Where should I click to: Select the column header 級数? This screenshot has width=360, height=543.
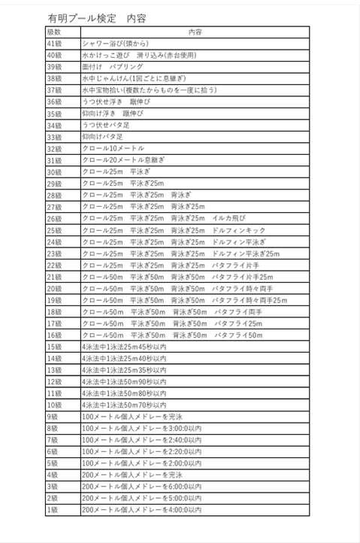point(53,32)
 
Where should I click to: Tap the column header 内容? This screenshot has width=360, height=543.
point(194,32)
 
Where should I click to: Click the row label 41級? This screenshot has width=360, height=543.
point(54,44)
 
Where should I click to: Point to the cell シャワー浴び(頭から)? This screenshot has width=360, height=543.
point(116,44)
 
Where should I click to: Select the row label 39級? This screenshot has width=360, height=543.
point(54,67)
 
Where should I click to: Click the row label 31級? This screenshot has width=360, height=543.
point(54,160)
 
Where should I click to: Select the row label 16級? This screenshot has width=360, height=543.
point(54,335)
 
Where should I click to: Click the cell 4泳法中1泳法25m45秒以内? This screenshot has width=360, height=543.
point(124,347)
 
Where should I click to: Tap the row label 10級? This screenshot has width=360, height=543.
point(54,405)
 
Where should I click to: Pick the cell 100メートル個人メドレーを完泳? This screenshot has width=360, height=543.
point(132,417)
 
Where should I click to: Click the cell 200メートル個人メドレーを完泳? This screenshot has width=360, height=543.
point(132,475)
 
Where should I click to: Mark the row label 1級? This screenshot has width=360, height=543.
point(53,510)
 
